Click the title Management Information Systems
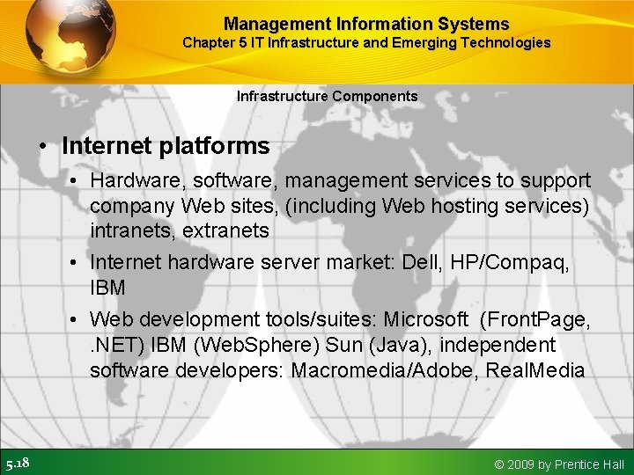click(x=366, y=24)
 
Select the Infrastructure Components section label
click(x=328, y=96)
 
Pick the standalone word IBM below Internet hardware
click(x=107, y=288)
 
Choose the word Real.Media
click(x=536, y=369)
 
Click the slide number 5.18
click(x=18, y=464)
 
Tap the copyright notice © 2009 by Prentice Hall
click(x=559, y=464)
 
